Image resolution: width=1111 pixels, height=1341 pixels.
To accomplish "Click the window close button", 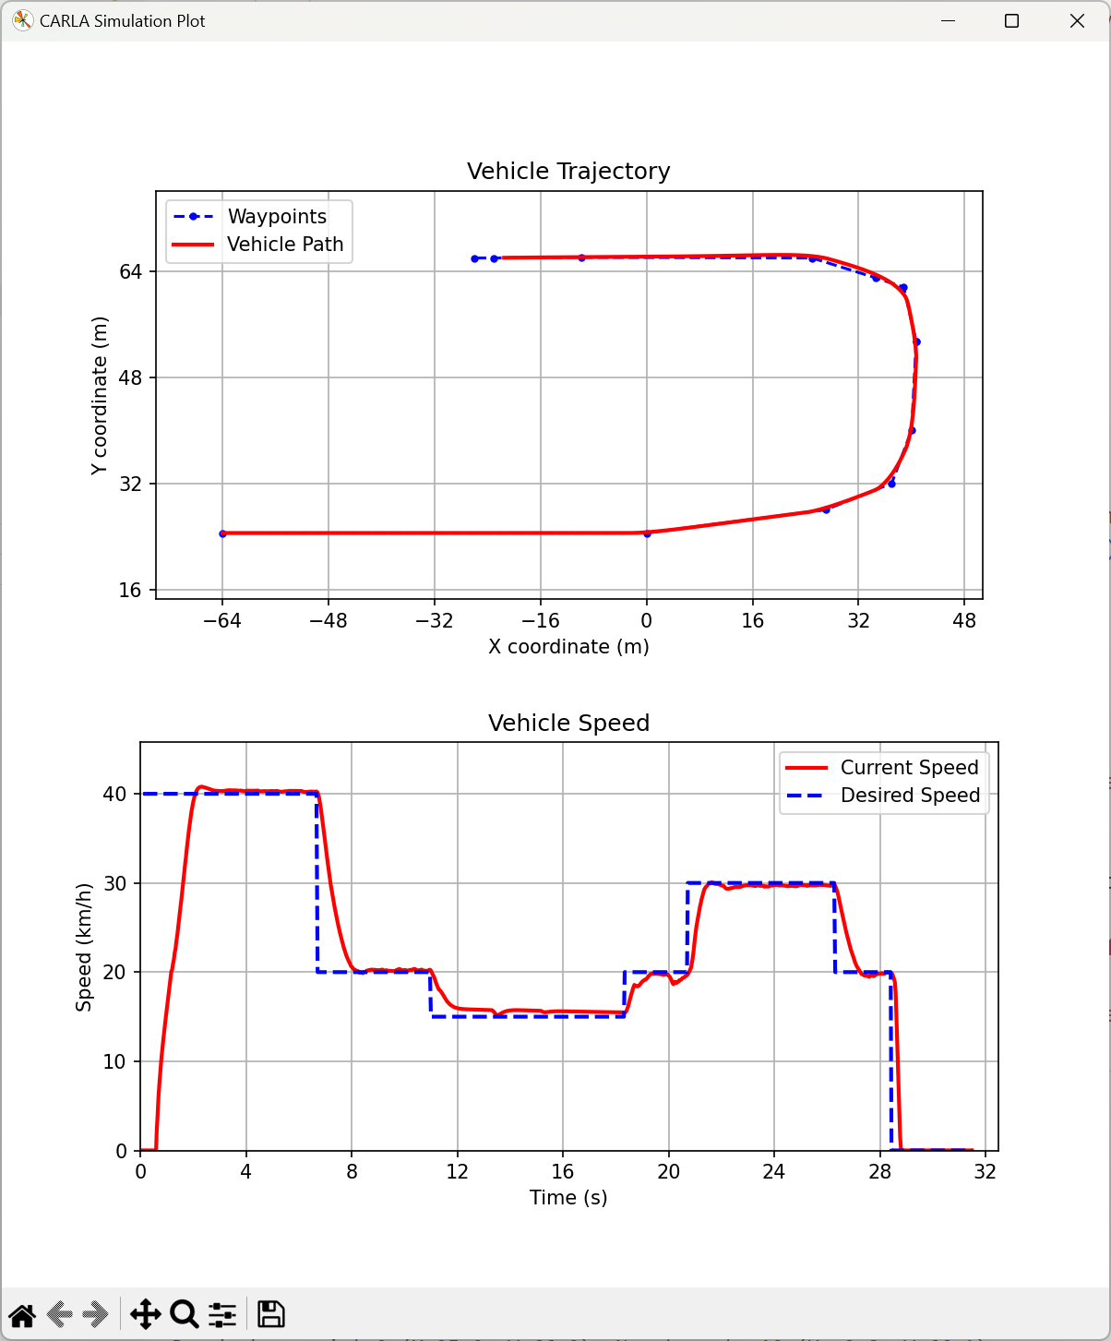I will pos(1077,21).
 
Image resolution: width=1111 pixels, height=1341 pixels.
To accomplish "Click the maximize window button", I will pos(1011,21).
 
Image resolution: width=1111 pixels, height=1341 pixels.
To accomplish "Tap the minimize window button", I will pos(947,21).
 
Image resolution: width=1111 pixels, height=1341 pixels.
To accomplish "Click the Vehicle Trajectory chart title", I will pos(568,172).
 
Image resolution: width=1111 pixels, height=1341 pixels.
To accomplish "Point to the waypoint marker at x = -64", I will pos(222,533).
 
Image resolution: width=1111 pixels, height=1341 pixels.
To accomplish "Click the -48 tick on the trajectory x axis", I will pos(328,621).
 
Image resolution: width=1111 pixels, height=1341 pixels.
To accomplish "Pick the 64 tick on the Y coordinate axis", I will pos(130,271).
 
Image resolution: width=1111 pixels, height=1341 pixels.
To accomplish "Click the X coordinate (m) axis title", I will pos(568,647).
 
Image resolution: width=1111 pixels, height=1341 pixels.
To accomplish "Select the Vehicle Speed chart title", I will pos(568,724).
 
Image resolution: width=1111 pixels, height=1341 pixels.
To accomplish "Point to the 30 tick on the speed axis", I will pos(114,883).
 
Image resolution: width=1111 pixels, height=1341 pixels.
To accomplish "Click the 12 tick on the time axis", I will pos(457,1172).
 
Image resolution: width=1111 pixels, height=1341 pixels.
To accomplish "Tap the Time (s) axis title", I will pos(568,1198).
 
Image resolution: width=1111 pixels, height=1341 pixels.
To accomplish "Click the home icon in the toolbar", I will pos(22,1314).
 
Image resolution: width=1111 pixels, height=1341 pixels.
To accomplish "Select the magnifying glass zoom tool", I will pos(185,1314).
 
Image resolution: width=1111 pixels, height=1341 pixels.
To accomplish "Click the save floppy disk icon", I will pos(270,1314).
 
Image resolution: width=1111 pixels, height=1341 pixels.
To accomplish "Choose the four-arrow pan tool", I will pos(146,1314).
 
